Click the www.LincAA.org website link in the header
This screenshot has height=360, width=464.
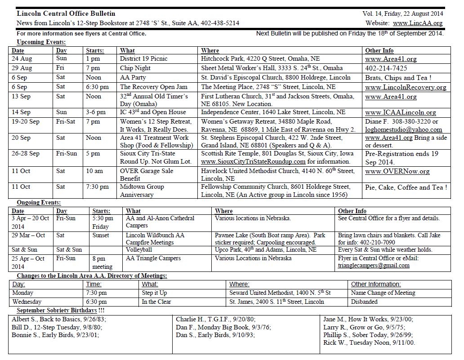417,23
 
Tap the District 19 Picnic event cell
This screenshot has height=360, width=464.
143,59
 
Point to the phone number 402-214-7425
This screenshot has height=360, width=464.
386,68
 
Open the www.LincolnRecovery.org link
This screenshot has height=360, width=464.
406,87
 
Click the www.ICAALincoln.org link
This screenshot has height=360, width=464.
400,113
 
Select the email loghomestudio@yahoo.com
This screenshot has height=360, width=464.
403,130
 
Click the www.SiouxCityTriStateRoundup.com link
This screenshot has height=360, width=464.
253,162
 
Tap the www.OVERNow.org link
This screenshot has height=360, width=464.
397,171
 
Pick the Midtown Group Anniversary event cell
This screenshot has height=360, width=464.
142,191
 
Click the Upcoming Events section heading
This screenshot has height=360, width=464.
41,42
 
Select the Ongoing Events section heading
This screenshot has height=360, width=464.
39,203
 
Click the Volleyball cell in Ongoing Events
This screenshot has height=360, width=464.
139,250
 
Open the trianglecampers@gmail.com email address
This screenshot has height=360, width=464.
374,266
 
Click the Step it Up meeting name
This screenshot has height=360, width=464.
154,293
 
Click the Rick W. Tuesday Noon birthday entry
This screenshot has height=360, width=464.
369,343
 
